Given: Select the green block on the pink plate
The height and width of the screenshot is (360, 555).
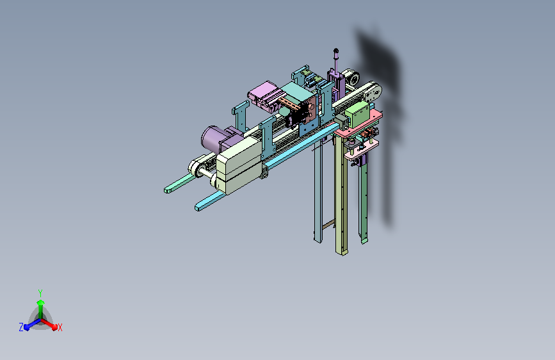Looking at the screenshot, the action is tap(357, 114).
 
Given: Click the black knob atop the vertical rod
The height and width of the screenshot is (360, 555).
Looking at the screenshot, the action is tap(336, 51).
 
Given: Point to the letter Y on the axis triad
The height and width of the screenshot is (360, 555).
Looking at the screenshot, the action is tap(40, 293).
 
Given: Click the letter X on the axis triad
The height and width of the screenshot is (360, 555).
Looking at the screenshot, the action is tap(60, 328).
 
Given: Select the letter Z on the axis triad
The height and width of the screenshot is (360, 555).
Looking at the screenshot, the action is tap(21, 327).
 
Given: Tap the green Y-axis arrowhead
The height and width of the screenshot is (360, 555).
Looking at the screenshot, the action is tap(41, 303).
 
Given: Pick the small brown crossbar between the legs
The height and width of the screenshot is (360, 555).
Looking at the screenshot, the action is tap(328, 224).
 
